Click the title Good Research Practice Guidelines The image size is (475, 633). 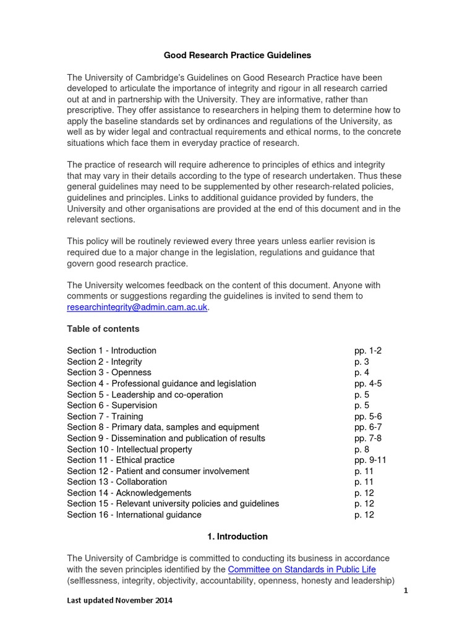[237, 56]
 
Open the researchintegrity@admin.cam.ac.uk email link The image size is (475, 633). [137, 307]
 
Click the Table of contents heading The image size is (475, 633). [103, 329]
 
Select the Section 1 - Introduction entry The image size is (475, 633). [111, 350]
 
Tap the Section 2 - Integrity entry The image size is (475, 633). [105, 362]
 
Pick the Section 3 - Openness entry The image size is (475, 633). [109, 372]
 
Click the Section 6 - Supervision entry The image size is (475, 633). [112, 406]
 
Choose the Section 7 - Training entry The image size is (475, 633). [105, 417]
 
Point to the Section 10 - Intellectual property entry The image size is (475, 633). [129, 449]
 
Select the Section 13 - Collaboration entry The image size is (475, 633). [117, 482]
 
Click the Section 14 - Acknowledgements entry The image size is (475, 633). [129, 493]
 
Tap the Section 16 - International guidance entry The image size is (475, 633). [134, 515]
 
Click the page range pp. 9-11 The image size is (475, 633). [370, 461]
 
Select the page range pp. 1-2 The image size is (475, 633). [367, 350]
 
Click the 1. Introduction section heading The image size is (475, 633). [237, 537]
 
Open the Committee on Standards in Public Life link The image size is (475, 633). [302, 569]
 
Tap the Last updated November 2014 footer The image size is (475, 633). [120, 600]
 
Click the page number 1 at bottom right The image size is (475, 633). [406, 591]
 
